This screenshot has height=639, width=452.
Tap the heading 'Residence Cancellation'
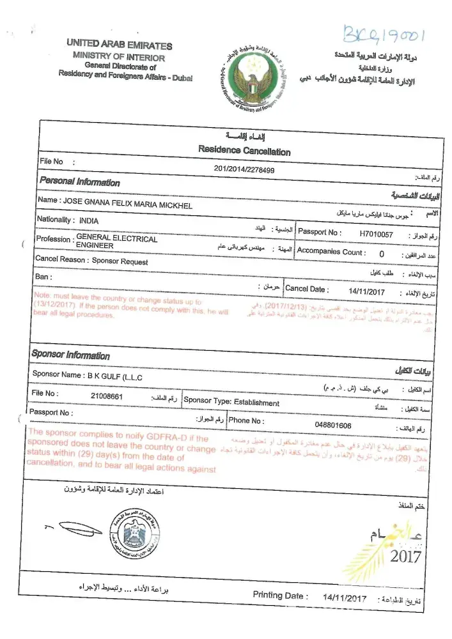click(244, 150)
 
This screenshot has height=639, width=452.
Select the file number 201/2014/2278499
click(244, 169)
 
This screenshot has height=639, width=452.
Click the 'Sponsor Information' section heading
click(70, 355)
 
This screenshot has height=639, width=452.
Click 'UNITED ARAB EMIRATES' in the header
click(119, 46)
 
